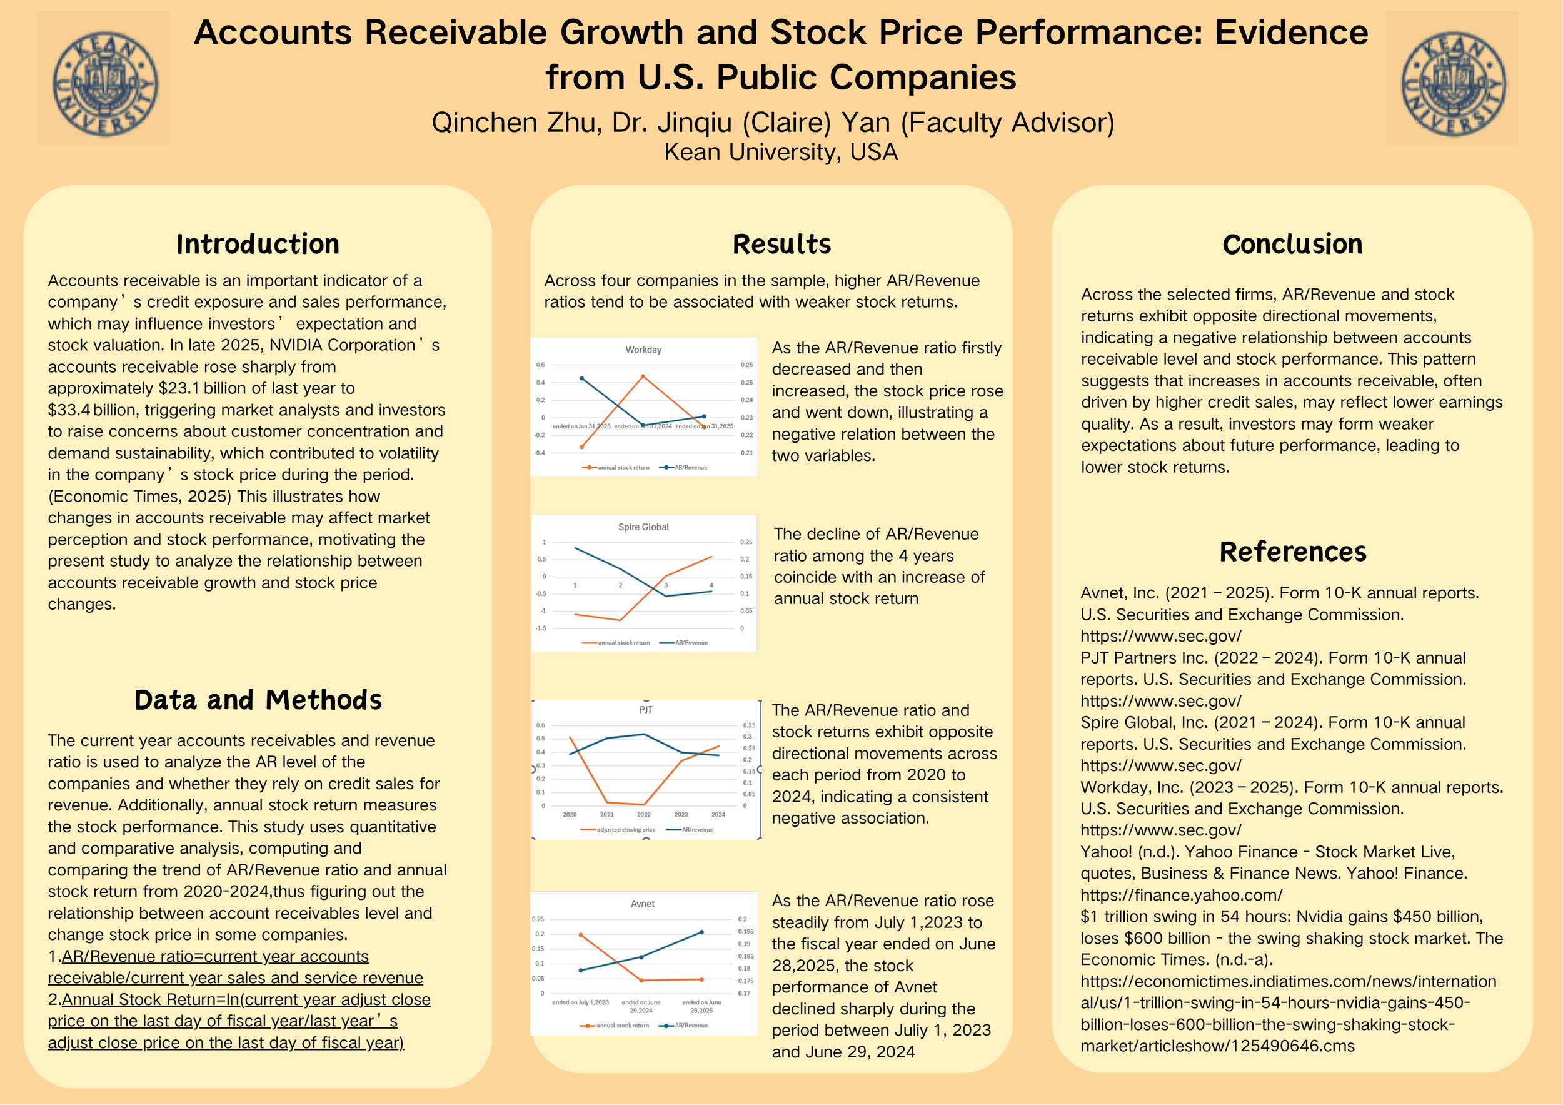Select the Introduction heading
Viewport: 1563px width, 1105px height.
258,245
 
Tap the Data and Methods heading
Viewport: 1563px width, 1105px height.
258,700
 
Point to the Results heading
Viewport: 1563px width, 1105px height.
781,245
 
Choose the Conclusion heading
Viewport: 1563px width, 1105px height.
1292,245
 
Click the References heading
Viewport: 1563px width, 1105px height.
1292,552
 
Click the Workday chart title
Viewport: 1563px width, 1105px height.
643,350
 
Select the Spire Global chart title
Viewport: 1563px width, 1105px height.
643,527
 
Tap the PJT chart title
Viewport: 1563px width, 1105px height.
645,709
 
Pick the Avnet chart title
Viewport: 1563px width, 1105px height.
643,904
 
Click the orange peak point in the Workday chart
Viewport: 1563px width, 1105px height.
643,376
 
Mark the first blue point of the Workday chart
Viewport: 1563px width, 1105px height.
581,378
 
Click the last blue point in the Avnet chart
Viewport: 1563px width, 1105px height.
702,932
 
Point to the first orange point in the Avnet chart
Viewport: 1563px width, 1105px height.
580,935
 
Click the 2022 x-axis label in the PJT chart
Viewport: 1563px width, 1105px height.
643,814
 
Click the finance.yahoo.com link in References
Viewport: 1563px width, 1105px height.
1181,895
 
